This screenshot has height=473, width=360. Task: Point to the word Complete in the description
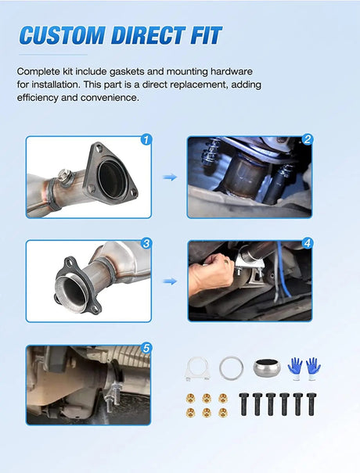pos(38,71)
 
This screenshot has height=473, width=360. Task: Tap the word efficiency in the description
pos(37,98)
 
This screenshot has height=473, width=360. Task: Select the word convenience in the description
pos(115,98)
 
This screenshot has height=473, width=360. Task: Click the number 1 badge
pos(146,140)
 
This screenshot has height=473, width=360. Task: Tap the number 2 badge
pos(307,140)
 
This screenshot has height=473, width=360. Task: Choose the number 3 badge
pos(146,243)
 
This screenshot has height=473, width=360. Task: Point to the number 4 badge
pos(307,243)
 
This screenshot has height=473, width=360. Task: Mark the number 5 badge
pos(146,349)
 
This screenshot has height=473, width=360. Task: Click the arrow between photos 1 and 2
pos(170,177)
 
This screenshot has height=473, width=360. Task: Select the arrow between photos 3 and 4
pos(170,281)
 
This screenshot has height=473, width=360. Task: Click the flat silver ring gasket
pos(229,368)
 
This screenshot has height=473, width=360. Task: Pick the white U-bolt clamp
pos(195,367)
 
